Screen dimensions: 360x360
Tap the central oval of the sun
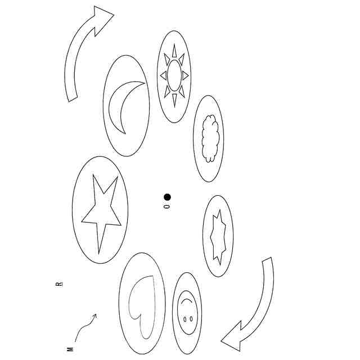174,75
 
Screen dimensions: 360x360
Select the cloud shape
210,138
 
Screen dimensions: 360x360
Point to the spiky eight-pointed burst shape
218,237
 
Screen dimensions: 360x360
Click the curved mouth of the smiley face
186,301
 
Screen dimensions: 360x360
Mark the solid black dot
168,197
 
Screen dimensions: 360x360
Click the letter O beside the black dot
167,206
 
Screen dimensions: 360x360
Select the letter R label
59,284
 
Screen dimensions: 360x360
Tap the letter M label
70,349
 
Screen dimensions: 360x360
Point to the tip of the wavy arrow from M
96,314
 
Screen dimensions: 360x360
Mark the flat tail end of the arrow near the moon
73,99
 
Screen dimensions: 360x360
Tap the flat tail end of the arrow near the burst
267,259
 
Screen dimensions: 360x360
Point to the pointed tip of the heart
146,339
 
